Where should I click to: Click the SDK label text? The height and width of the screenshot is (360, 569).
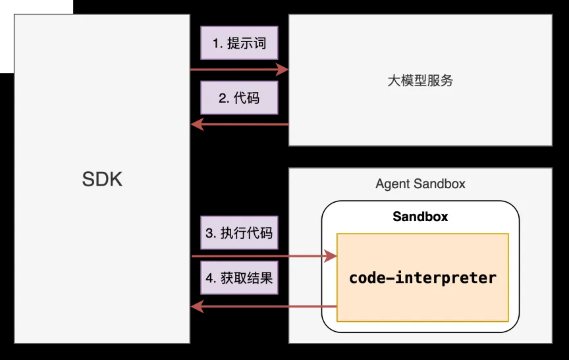102,179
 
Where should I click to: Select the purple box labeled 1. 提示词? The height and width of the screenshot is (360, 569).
238,44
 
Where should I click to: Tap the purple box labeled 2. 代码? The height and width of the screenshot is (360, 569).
238,98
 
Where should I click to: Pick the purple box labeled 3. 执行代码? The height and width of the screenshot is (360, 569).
238,233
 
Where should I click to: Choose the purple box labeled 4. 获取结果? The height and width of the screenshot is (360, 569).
238,278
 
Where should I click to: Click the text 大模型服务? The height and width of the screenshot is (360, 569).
420,81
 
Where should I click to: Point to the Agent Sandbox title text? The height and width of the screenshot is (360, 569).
420,184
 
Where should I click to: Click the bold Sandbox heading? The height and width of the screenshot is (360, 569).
420,217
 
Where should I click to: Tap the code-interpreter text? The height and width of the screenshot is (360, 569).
422,278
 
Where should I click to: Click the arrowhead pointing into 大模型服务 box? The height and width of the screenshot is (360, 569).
284,69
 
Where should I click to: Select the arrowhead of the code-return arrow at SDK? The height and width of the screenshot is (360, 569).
196,124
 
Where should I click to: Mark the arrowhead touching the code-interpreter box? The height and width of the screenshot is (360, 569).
331,256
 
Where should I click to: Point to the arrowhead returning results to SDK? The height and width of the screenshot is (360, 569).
196,306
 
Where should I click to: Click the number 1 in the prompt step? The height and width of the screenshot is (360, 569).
216,44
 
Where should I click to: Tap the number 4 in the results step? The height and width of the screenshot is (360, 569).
209,278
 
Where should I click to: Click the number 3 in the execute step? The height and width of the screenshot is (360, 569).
209,234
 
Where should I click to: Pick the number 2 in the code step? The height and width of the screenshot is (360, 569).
222,99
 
